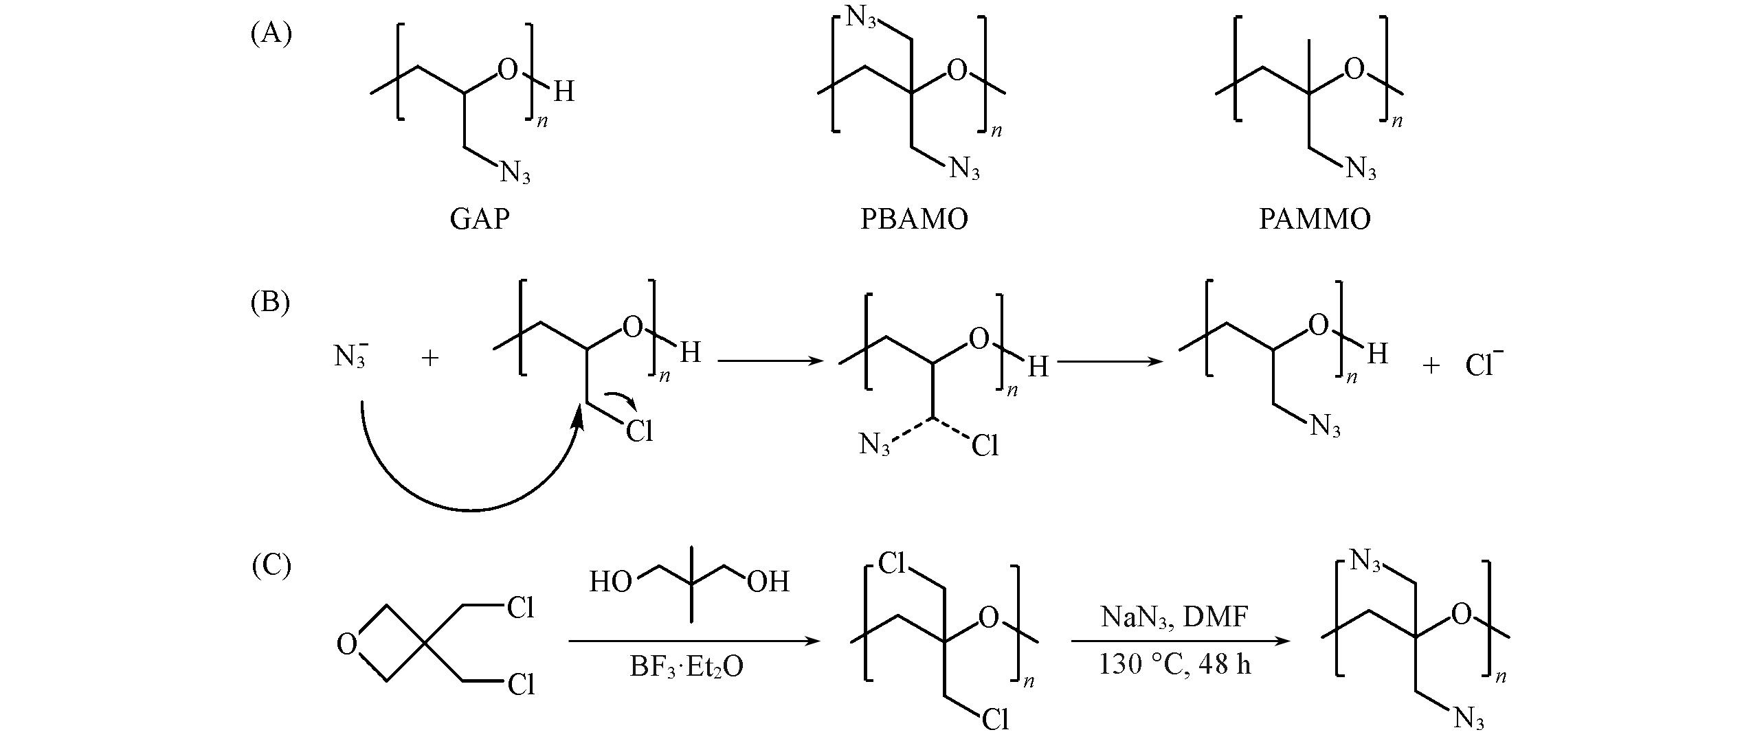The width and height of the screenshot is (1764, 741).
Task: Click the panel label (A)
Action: click(271, 33)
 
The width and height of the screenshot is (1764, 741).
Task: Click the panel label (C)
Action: click(271, 566)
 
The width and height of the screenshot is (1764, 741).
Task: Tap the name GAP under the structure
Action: click(480, 219)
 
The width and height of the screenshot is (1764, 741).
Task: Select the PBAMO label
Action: click(914, 219)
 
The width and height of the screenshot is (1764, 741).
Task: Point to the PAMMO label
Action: click(1315, 219)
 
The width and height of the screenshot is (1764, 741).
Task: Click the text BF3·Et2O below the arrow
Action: click(687, 667)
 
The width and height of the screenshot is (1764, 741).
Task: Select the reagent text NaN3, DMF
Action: click(1174, 618)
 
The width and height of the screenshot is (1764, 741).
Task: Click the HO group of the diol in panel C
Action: click(610, 582)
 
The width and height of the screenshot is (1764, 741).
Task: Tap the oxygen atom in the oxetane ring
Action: click(347, 645)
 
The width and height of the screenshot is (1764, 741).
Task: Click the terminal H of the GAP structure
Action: click(563, 91)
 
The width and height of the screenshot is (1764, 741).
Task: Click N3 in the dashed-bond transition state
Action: click(875, 446)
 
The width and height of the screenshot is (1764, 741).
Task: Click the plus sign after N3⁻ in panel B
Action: click(430, 358)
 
